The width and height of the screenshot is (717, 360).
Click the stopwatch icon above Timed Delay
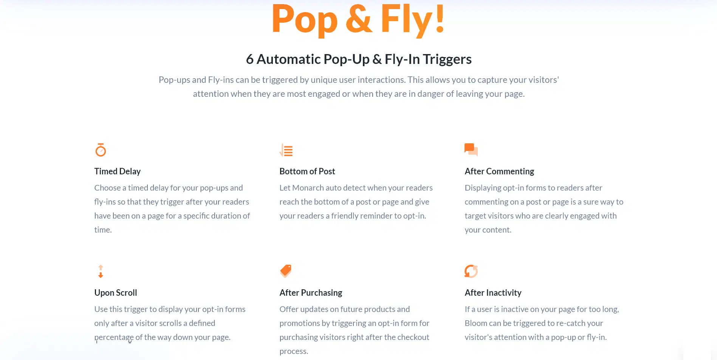coord(101,150)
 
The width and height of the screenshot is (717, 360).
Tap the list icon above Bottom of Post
coord(286,150)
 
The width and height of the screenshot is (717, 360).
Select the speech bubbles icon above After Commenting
coord(471,150)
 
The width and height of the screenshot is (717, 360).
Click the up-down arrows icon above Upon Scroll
coord(101,272)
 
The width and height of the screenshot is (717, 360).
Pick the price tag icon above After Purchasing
coord(286,271)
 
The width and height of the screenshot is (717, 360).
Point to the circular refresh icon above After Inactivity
coord(471,271)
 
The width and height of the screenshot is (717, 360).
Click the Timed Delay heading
coord(118,171)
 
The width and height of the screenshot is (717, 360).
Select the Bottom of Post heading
coord(307,171)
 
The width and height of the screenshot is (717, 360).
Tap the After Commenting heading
coord(499,171)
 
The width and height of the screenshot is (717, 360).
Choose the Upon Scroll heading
coord(116,293)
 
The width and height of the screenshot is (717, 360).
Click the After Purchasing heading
coord(311,293)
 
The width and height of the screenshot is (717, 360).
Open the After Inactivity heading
coord(493,293)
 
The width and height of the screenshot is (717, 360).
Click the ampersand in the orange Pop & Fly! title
coord(359,19)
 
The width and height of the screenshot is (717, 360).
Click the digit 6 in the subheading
coord(249,59)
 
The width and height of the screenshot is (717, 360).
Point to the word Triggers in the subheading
coord(447,59)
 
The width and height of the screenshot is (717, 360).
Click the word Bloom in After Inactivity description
coord(476,323)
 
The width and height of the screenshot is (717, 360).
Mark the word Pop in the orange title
coord(305,20)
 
